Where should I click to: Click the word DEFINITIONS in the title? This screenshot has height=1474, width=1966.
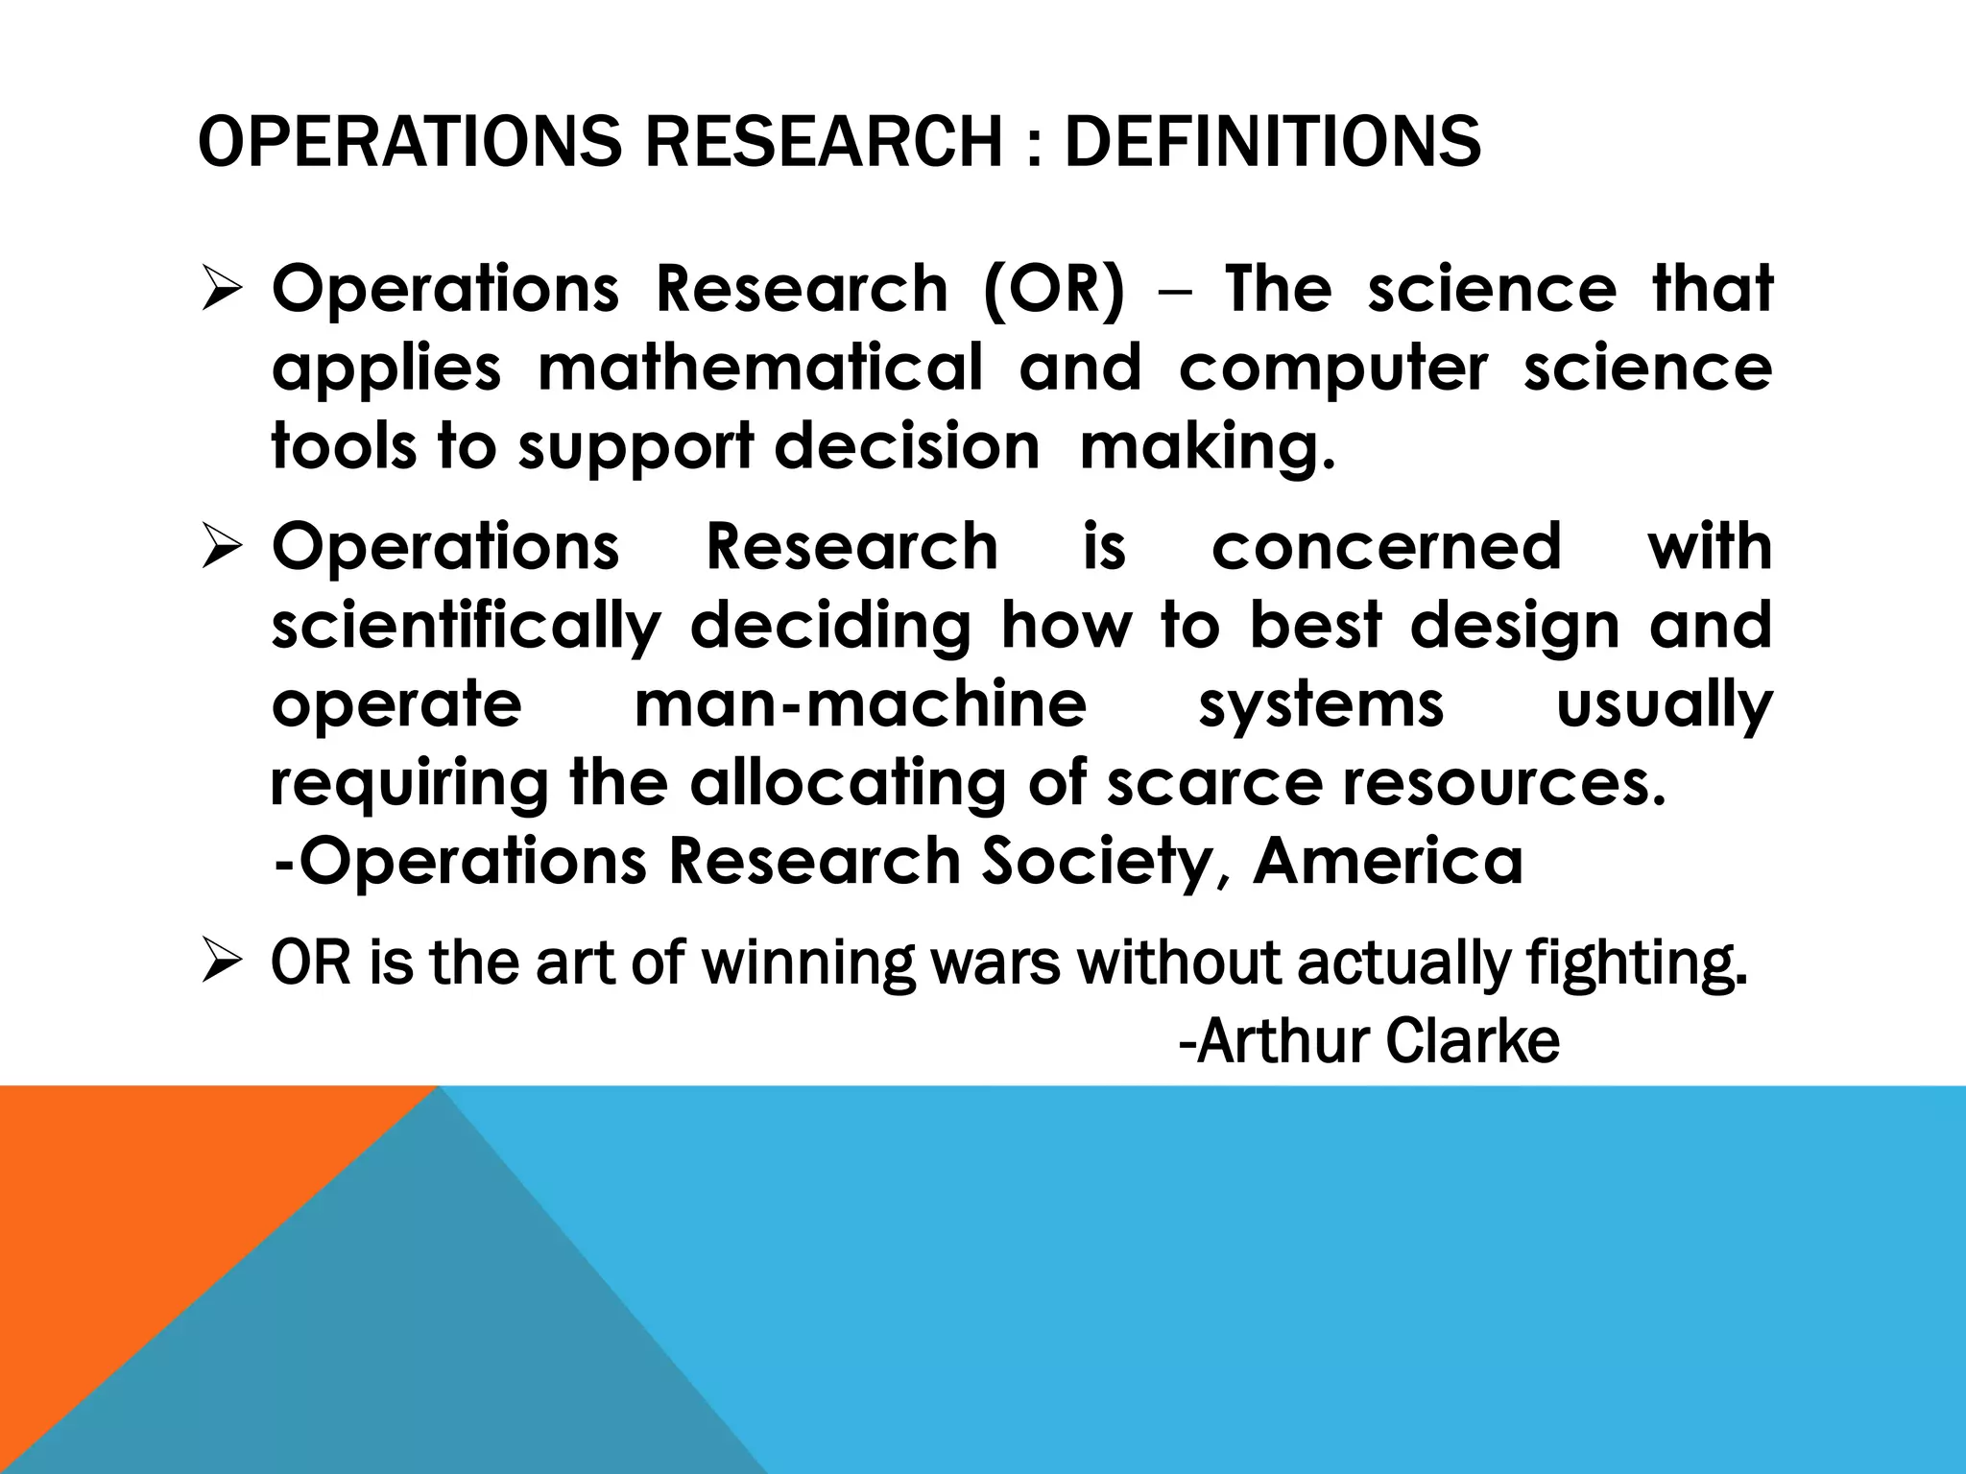[x=1272, y=142]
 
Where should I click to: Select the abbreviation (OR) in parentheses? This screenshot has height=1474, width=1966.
[x=1053, y=289]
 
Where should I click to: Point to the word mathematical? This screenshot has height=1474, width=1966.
[x=760, y=368]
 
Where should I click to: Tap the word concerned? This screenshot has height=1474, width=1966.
[x=1386, y=547]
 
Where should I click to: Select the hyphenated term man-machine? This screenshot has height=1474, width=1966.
[x=860, y=704]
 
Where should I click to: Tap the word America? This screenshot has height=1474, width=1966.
[x=1388, y=861]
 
